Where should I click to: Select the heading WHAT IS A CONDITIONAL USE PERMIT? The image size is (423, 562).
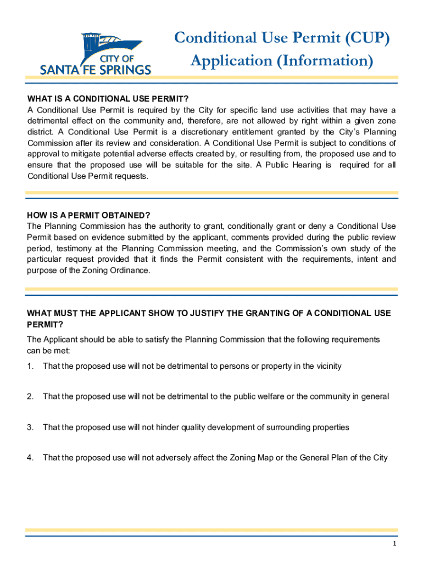tap(108, 99)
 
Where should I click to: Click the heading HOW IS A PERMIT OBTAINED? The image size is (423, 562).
tap(88, 215)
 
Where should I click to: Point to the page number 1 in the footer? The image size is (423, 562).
tap(394, 543)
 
